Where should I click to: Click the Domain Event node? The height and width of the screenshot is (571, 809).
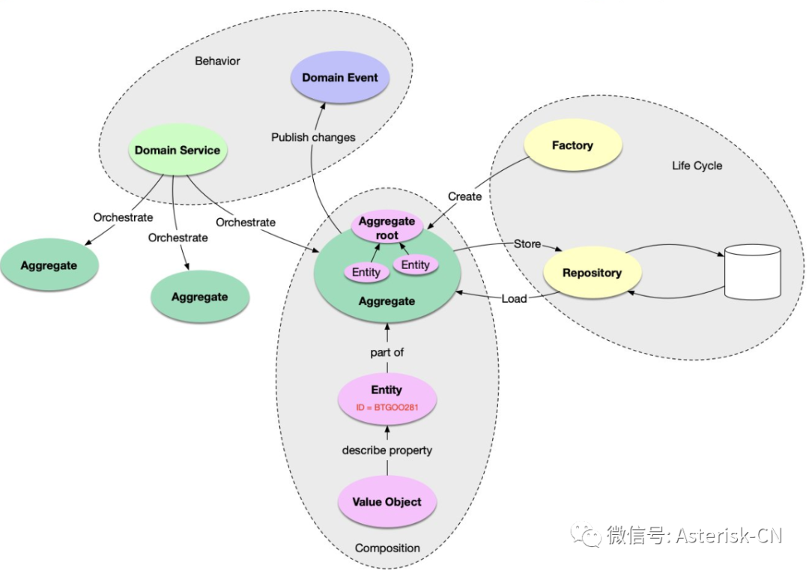click(x=340, y=78)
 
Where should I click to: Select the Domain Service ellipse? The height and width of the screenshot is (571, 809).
click(x=178, y=150)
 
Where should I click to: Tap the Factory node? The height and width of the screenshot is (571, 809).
click(x=572, y=145)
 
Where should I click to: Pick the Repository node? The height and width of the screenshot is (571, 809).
click(x=592, y=273)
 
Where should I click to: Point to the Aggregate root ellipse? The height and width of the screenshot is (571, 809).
click(x=387, y=228)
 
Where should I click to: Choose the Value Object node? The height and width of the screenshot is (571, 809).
click(x=387, y=502)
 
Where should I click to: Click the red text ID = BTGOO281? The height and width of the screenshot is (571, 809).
click(x=387, y=408)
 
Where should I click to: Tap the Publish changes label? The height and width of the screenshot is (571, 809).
click(x=313, y=137)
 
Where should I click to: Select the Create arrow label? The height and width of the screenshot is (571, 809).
click(x=464, y=196)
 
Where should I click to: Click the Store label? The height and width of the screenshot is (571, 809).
click(x=527, y=244)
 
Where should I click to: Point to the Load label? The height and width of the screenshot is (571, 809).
click(x=514, y=298)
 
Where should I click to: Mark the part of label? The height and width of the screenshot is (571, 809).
click(x=387, y=351)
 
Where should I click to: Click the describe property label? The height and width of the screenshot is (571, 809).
click(x=387, y=450)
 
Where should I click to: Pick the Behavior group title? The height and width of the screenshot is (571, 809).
click(x=217, y=61)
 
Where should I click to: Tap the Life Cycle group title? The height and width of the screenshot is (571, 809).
click(x=697, y=166)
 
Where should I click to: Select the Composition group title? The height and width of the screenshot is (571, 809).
click(x=387, y=548)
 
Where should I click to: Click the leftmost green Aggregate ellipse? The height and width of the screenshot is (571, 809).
click(x=49, y=265)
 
